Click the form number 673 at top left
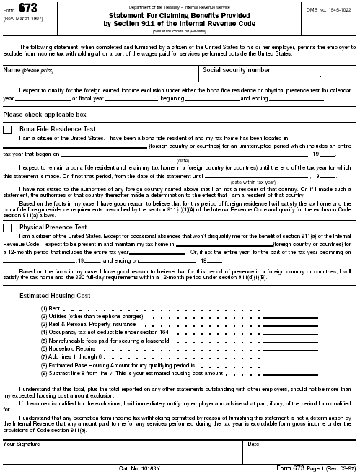click(28, 8)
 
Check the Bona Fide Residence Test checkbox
click(8, 129)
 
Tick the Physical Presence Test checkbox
click(8, 228)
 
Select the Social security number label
click(237, 71)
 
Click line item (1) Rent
click(51, 309)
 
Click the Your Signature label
click(22, 444)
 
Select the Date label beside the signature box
click(253, 444)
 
